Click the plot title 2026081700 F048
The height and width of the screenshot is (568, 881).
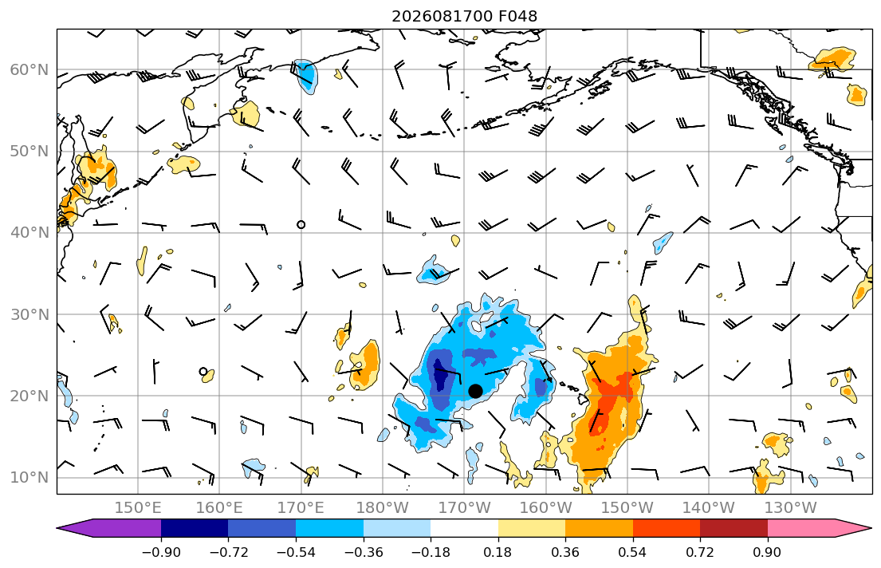pyautogui.click(x=464, y=16)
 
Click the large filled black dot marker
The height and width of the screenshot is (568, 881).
pyautogui.click(x=475, y=391)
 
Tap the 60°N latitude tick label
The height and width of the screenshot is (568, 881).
pyautogui.click(x=29, y=69)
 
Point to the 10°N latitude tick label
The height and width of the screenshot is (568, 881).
pyautogui.click(x=29, y=478)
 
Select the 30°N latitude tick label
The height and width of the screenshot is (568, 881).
pyautogui.click(x=29, y=314)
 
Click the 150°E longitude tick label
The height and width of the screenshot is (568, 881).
pyautogui.click(x=138, y=508)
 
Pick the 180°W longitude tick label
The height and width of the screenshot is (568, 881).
pyautogui.click(x=383, y=508)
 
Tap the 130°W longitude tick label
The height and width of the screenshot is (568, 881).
pyautogui.click(x=791, y=508)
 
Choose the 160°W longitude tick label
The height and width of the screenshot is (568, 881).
pyautogui.click(x=546, y=508)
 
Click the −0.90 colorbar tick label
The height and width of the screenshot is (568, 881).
pyautogui.click(x=161, y=552)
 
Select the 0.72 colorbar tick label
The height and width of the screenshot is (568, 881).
pyautogui.click(x=700, y=552)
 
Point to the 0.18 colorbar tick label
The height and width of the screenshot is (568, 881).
pyautogui.click(x=498, y=552)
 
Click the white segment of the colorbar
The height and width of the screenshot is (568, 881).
pyautogui.click(x=464, y=528)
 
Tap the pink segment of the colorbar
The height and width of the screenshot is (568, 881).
pyautogui.click(x=801, y=528)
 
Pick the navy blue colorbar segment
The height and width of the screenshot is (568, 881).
pyautogui.click(x=195, y=528)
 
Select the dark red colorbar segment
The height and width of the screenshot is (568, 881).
pyautogui.click(x=734, y=528)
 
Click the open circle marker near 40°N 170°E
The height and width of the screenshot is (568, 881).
pyautogui.click(x=301, y=224)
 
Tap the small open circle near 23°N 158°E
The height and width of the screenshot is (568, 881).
pyautogui.click(x=203, y=371)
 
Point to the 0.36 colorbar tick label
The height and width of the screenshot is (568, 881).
pyautogui.click(x=565, y=552)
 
